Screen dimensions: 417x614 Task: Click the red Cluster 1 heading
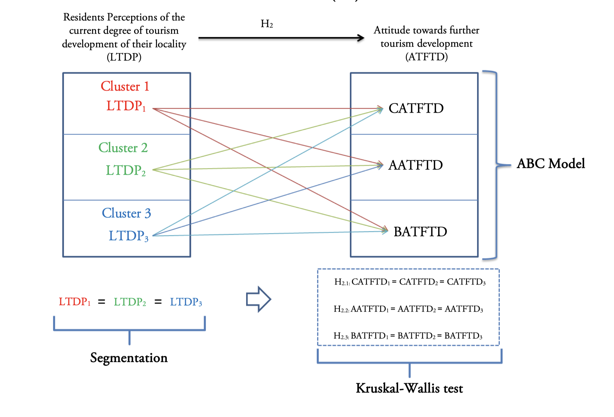(125, 86)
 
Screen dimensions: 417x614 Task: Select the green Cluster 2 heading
(123, 148)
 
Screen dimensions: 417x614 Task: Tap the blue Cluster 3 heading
(126, 213)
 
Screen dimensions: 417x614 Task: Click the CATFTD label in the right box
(416, 108)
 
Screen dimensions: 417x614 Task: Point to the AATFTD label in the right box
(415, 165)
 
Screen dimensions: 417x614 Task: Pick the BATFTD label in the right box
(420, 232)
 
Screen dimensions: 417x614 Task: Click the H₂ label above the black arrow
(267, 24)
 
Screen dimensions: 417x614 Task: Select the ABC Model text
(551, 164)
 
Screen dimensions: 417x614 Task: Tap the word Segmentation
(129, 358)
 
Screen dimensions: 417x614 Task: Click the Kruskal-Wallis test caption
(409, 388)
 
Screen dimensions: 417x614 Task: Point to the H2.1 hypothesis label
(342, 282)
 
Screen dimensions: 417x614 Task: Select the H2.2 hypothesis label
(341, 309)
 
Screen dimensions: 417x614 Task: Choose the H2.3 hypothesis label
(341, 336)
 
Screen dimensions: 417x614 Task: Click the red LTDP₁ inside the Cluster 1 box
(126, 106)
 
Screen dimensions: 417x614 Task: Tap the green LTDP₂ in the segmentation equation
(130, 302)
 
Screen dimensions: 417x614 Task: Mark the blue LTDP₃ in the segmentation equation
(186, 302)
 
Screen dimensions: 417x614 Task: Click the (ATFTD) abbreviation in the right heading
(426, 57)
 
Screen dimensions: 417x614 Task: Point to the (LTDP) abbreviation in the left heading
(124, 57)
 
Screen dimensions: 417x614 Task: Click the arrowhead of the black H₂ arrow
(361, 38)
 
